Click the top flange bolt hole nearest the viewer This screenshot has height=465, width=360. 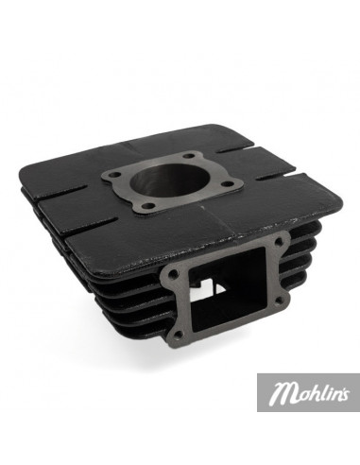[167, 211]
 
